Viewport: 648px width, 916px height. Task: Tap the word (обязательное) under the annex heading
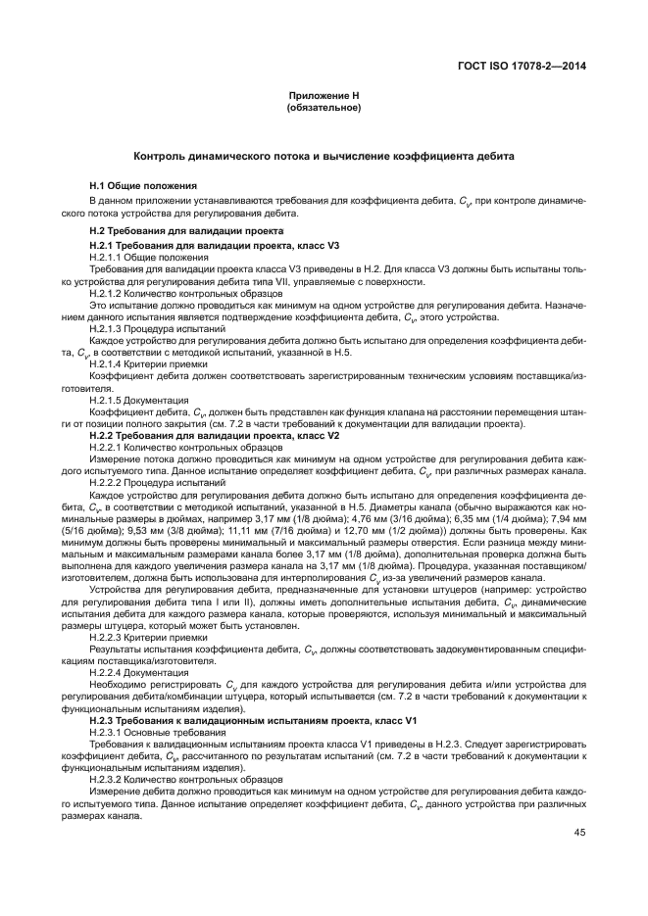point(324,107)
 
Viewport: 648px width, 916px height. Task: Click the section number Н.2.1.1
point(106,255)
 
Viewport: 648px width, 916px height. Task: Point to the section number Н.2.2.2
point(106,482)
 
